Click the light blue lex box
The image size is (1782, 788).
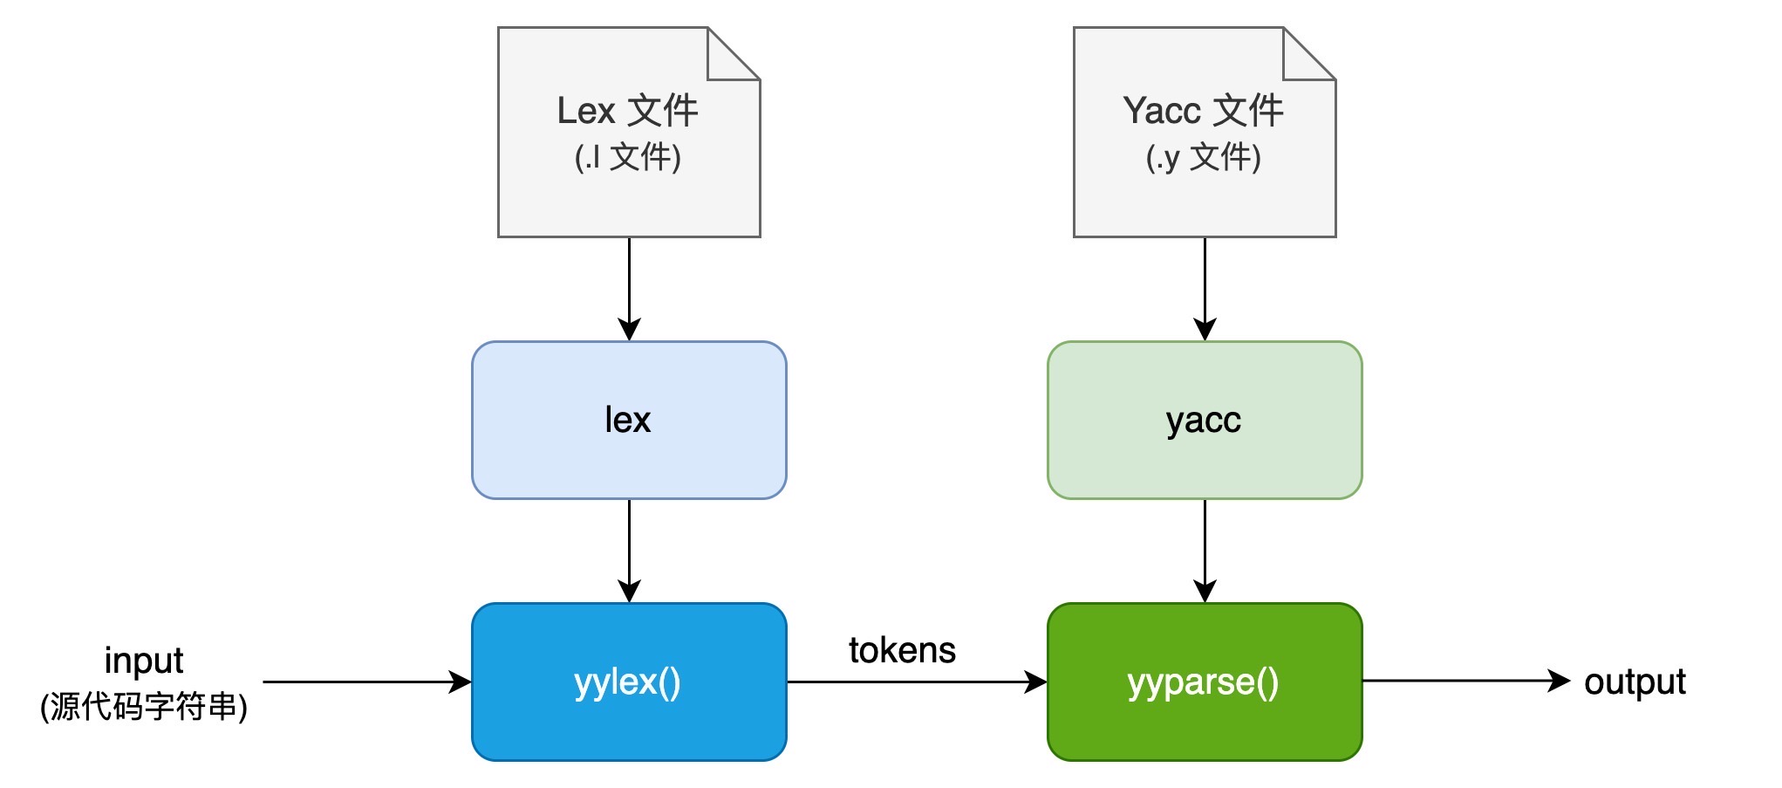point(629,420)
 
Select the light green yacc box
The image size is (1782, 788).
point(1205,420)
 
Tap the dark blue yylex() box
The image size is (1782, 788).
point(629,682)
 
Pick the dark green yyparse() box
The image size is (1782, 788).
point(1205,682)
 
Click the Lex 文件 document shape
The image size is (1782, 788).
point(629,132)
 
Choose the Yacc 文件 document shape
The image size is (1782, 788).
point(1205,132)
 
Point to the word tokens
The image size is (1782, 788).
point(902,650)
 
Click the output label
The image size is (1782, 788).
point(1635,682)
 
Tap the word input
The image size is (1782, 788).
point(144,661)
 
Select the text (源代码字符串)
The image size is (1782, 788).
point(144,707)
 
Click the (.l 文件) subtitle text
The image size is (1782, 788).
point(628,157)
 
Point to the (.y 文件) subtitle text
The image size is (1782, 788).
point(1204,157)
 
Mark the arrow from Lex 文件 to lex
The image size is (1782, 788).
point(629,289)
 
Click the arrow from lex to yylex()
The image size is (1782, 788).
point(629,551)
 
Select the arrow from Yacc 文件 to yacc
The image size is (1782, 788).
point(1205,289)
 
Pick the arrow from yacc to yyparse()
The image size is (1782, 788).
point(1205,551)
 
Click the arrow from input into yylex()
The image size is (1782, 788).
point(367,682)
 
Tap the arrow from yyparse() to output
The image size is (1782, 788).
point(1466,681)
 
